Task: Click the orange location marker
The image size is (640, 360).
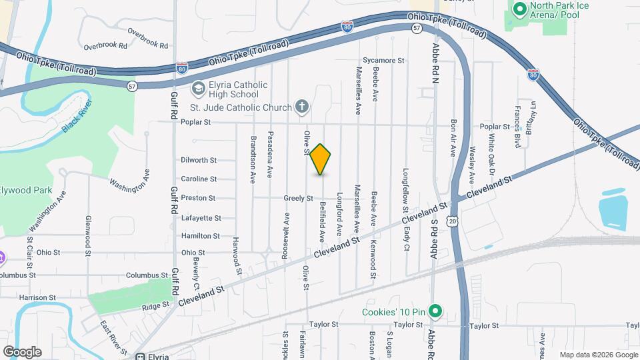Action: [x=321, y=159]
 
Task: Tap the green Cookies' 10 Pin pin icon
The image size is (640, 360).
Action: [x=435, y=311]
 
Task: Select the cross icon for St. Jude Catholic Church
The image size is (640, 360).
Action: [x=301, y=107]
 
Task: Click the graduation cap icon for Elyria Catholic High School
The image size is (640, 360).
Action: [x=198, y=89]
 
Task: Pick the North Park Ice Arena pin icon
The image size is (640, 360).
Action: [x=520, y=9]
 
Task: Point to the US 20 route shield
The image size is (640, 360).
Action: [x=453, y=221]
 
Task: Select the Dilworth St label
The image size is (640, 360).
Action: [x=199, y=160]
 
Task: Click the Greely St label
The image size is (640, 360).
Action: [x=298, y=198]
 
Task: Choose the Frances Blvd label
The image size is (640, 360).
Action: [x=517, y=131]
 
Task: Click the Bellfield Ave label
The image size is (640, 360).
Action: [x=322, y=222]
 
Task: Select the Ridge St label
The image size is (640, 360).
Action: [x=156, y=307]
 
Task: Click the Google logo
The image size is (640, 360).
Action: [x=22, y=351]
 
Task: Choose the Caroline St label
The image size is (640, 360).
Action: [x=199, y=179]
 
